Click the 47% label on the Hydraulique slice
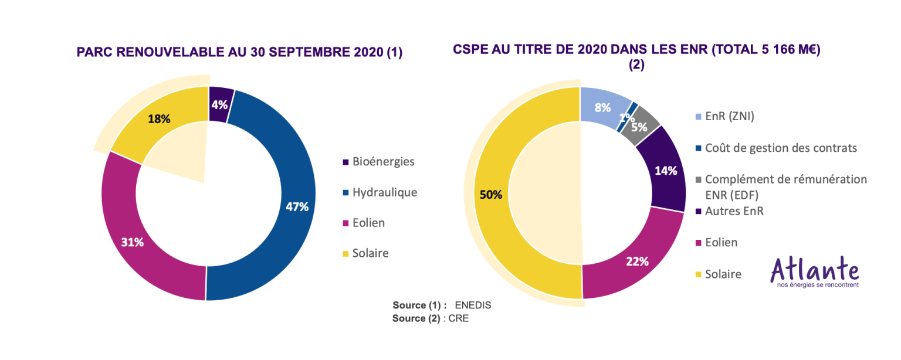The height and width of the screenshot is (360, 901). pos(297,207)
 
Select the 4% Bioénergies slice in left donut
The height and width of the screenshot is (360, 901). pos(221,104)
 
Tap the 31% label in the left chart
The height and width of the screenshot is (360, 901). pos(133,242)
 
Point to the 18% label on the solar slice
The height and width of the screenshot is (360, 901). pos(159,118)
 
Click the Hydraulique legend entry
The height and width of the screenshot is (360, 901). pos(380,192)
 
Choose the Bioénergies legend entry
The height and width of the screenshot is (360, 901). pos(378,162)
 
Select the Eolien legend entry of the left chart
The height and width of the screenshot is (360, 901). pos(364,223)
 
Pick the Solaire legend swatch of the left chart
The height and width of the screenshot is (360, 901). pos(346,254)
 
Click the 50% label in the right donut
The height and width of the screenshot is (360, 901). pos(491,195)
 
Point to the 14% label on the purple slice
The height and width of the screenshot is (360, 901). pos(666,171)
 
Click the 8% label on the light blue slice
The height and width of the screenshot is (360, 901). pos(602,107)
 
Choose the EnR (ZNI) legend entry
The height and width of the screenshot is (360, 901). pos(725,116)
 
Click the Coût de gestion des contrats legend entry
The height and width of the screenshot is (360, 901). pos(776,148)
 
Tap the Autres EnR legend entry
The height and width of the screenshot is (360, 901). pos(729,211)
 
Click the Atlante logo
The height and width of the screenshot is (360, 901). pos(815,271)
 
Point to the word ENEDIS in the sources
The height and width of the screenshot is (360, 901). pos(473,305)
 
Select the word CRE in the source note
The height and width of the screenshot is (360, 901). pos(459,318)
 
